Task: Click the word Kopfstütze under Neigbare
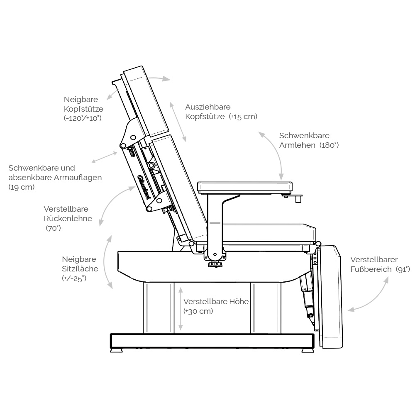tap(83, 109)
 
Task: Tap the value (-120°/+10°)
tap(83, 118)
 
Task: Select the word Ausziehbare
tap(208, 107)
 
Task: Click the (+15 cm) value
tap(243, 117)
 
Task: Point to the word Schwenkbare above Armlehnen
tap(304, 136)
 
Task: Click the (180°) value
tap(329, 145)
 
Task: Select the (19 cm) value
tap(22, 188)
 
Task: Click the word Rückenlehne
tap(68, 219)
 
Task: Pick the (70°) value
tap(53, 228)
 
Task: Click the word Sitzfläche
tap(80, 269)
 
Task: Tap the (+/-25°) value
tap(74, 278)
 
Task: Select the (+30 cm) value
tap(198, 311)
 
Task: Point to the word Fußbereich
tap(371, 269)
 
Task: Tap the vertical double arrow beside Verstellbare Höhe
tap(181, 309)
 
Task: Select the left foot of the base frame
tap(117, 350)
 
